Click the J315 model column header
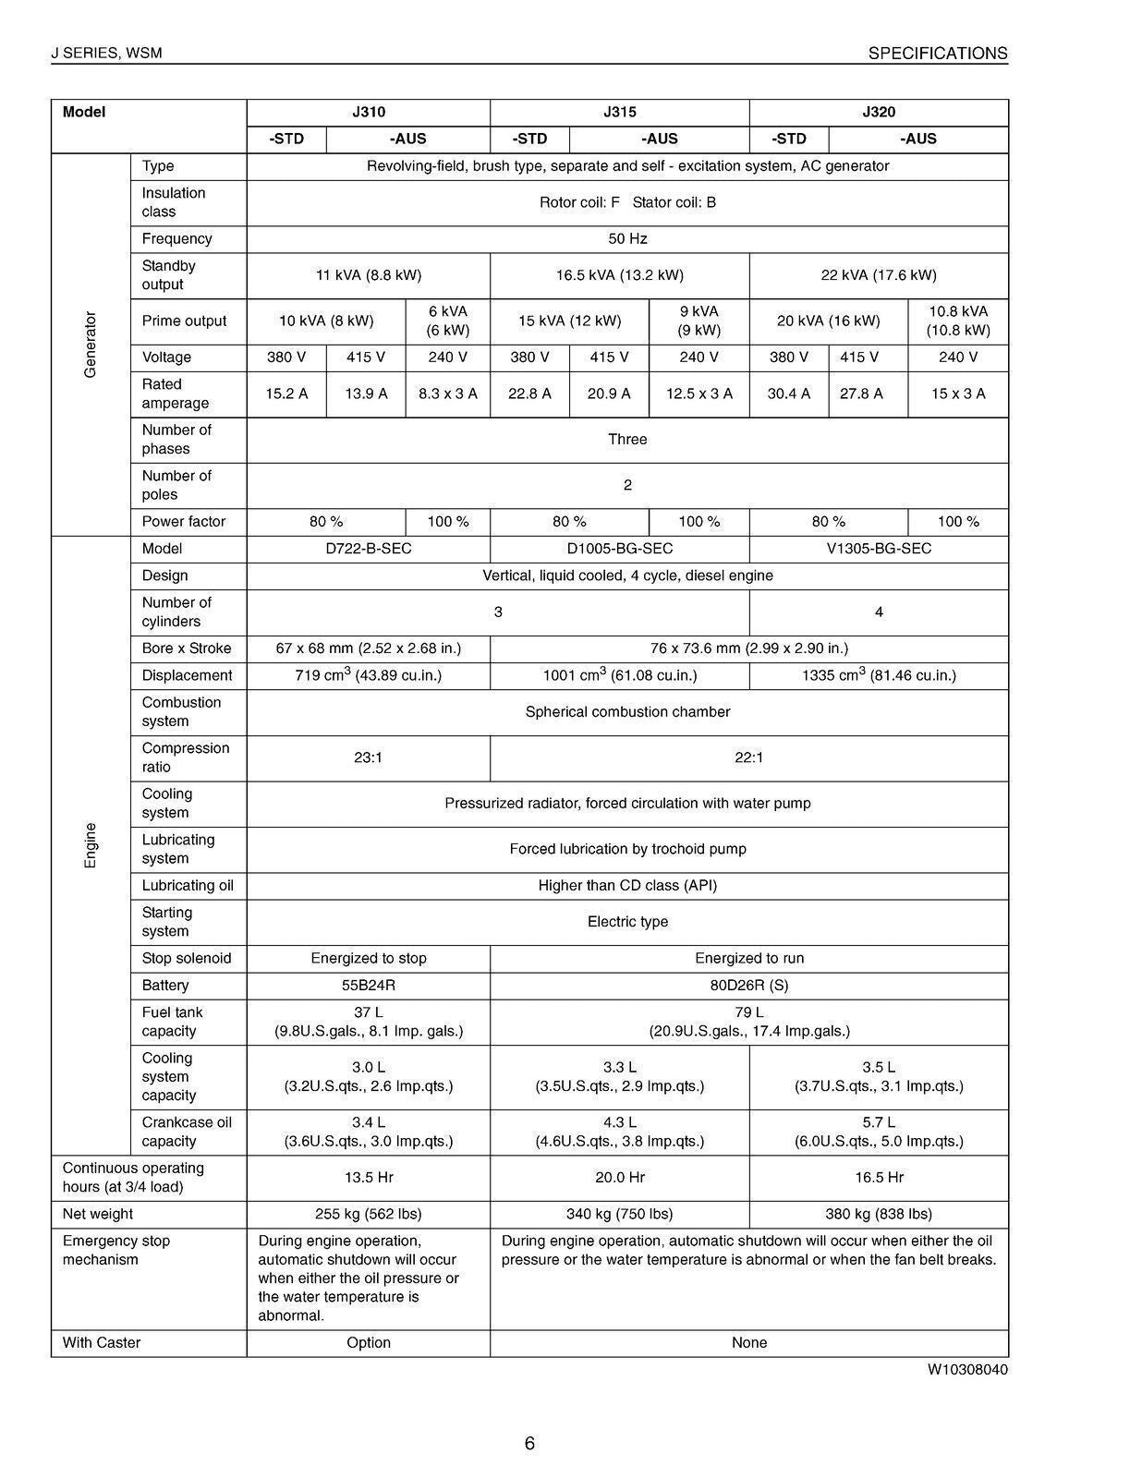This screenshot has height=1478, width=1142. click(x=619, y=113)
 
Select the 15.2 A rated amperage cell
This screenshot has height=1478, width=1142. click(x=286, y=394)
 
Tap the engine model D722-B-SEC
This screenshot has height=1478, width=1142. click(x=368, y=549)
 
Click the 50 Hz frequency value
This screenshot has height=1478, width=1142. click(x=627, y=238)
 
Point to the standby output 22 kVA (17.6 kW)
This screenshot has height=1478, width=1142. click(x=878, y=275)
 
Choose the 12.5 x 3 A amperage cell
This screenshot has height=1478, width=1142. click(x=699, y=394)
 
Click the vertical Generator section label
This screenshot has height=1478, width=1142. click(x=91, y=345)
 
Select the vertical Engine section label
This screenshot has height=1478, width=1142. click(x=91, y=844)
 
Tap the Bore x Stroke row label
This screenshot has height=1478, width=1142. click(x=187, y=648)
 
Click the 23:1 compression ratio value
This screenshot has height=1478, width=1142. click(x=368, y=757)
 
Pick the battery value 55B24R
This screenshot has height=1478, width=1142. click(x=368, y=986)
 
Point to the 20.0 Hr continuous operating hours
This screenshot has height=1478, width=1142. click(x=619, y=1178)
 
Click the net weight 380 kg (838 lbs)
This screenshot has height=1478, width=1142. click(x=878, y=1214)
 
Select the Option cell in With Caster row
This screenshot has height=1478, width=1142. click(x=368, y=1343)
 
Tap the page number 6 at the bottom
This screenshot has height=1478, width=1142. click(x=529, y=1444)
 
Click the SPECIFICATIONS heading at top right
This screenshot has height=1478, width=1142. click(x=937, y=54)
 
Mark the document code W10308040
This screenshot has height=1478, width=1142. click(x=967, y=1370)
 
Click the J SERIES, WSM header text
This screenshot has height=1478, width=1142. click(x=106, y=54)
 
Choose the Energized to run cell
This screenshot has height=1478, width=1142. click(x=748, y=958)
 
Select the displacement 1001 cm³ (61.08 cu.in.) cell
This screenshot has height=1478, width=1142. click(x=619, y=675)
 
